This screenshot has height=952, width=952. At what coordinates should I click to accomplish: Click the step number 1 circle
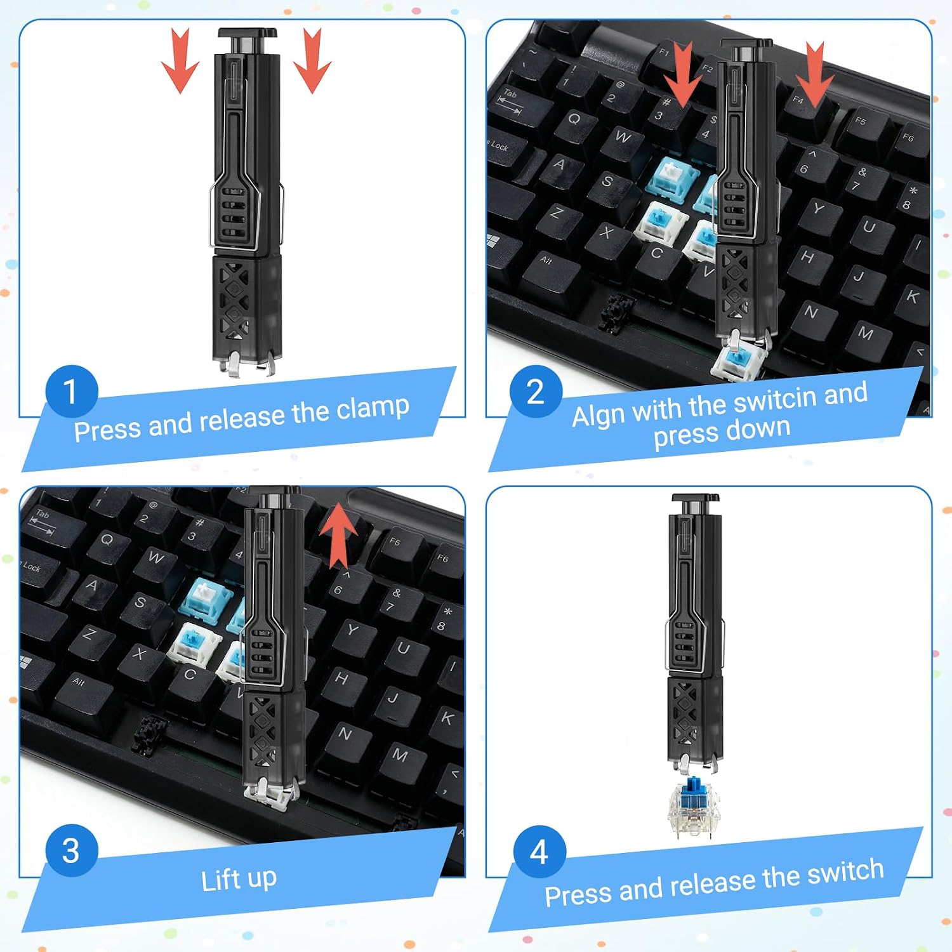[x=72, y=392]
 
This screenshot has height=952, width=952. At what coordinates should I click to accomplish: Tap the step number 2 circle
[x=536, y=392]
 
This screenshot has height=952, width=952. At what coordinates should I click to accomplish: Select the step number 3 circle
[x=72, y=851]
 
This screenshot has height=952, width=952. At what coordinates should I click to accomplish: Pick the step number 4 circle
[x=539, y=852]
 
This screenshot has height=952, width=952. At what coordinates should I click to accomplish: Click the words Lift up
[x=239, y=880]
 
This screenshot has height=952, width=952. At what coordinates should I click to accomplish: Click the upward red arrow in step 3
[x=338, y=534]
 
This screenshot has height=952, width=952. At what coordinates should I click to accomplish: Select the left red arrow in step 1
[x=180, y=61]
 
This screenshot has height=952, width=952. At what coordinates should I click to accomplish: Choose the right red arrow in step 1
[x=312, y=61]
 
